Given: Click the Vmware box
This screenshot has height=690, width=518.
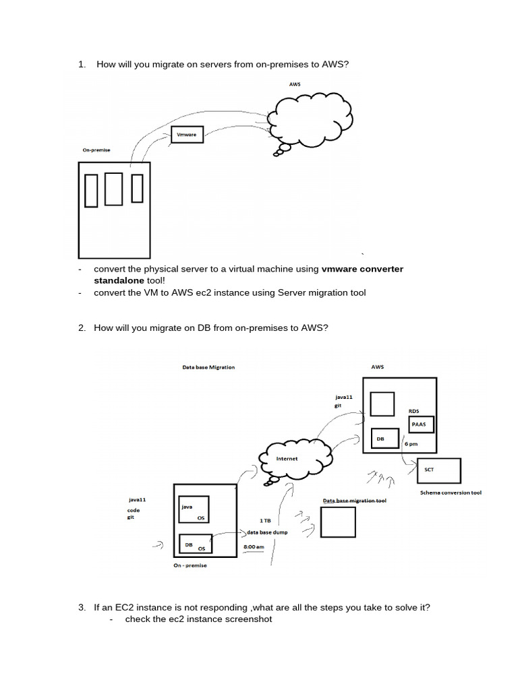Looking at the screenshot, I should pos(188,135).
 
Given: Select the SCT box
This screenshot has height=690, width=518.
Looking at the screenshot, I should pos(439,471).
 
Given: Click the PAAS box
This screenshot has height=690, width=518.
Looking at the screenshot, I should pos(421,425).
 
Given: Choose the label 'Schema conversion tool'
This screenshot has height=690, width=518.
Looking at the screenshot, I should pos(451,493).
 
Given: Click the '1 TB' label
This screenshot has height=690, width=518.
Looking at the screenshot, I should pos(265,520).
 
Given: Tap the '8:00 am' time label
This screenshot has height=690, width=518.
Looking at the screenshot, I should pos(254,546).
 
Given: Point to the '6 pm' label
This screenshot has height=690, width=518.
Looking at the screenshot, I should pos(411,445).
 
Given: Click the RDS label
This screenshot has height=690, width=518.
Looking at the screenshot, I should pos(414,410).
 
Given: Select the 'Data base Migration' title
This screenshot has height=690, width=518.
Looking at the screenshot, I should pos(209,368).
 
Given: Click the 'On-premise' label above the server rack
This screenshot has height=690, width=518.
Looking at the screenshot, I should pos(96,151).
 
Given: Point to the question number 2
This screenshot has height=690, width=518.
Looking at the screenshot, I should pos(82,328).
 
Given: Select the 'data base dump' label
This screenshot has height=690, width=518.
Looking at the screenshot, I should pos(269,532).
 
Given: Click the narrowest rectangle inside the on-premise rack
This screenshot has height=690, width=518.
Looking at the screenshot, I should pos(137,188).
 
